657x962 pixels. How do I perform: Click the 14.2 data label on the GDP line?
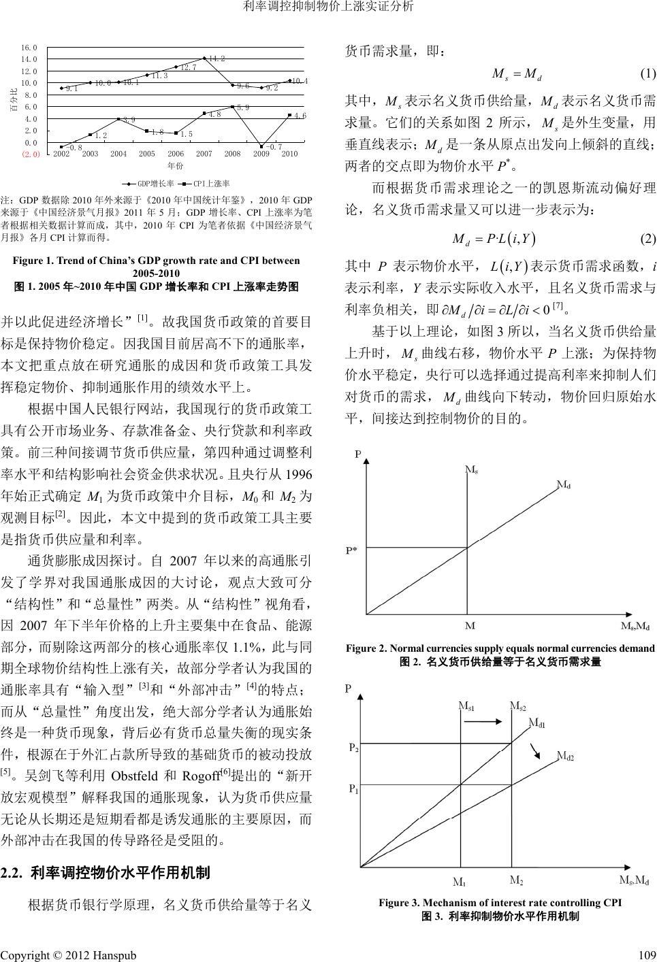217,59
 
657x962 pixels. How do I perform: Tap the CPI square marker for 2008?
233,107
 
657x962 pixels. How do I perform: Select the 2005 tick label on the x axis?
147,154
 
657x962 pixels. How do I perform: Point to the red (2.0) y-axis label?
31,154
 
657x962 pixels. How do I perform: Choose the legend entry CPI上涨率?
207,183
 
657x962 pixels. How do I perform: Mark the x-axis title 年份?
176,165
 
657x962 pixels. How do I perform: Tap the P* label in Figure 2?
354,550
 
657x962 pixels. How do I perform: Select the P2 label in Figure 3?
354,747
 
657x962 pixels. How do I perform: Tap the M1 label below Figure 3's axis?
460,883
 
